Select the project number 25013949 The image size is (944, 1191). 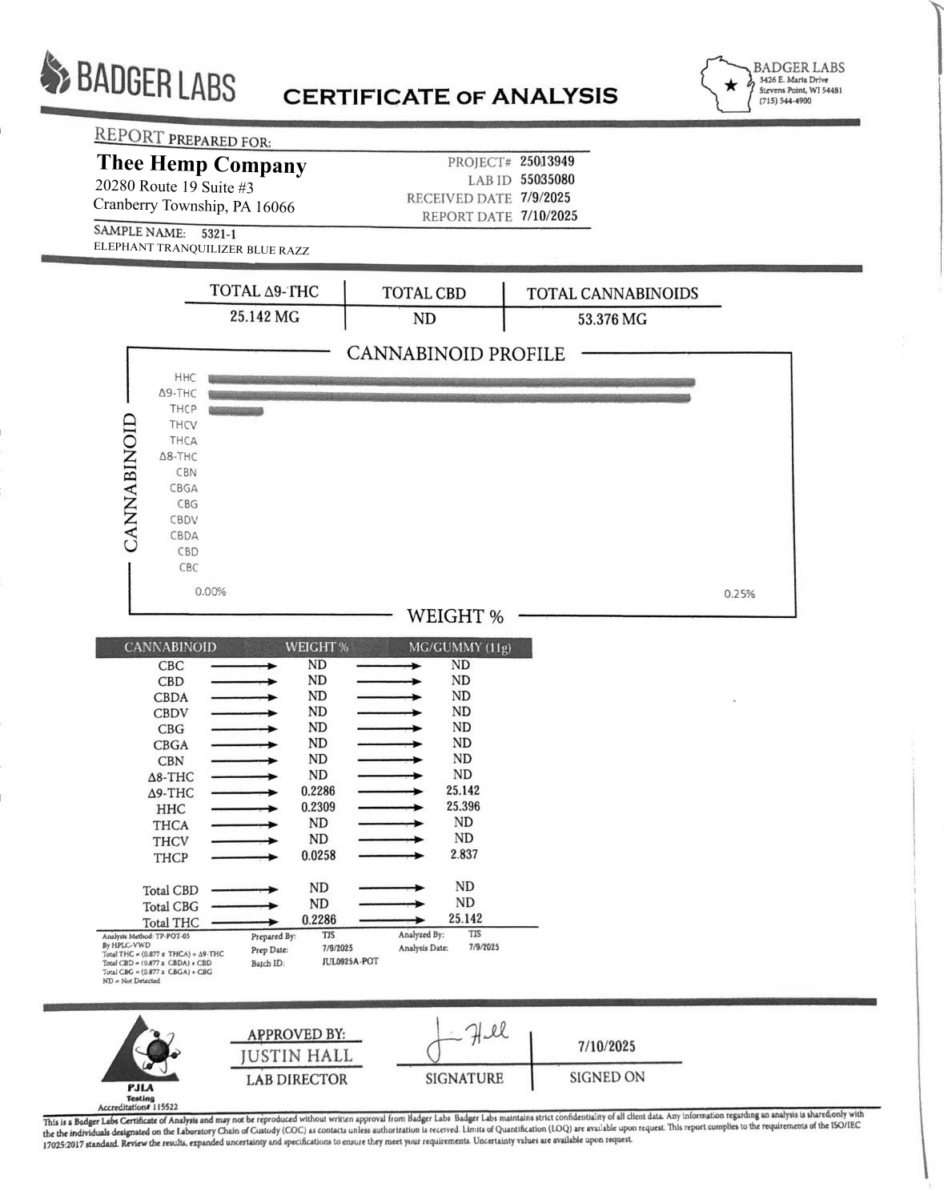(x=547, y=162)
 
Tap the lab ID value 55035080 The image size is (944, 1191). (x=547, y=180)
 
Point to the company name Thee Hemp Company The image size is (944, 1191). (x=202, y=165)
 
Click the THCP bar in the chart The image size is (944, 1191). (x=235, y=411)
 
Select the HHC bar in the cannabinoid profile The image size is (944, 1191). (x=452, y=381)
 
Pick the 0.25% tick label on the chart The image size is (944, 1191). (x=739, y=594)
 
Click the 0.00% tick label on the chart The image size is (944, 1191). (x=211, y=591)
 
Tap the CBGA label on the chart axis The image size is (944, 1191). (x=183, y=488)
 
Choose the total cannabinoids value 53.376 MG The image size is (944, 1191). (x=613, y=319)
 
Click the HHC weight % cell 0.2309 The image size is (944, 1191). (x=318, y=808)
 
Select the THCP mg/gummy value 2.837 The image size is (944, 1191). (x=464, y=855)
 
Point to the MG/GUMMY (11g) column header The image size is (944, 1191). (x=460, y=648)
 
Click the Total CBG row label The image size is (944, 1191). (x=171, y=906)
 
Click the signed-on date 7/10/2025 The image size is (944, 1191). (x=606, y=1046)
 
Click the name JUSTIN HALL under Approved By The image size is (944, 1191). (x=296, y=1057)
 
